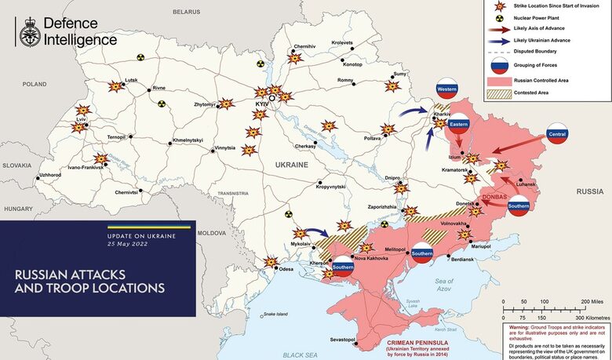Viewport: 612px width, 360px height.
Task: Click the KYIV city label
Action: pos(261,104)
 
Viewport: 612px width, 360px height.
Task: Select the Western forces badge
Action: pos(446,89)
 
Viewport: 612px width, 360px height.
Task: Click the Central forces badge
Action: pos(557,133)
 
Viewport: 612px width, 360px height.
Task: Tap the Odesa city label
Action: pos(286,270)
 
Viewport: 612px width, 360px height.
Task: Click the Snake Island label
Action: pos(275,315)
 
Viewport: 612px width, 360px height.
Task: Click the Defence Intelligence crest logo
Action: pos(27,31)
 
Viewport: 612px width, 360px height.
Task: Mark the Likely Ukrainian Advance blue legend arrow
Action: pos(497,39)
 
